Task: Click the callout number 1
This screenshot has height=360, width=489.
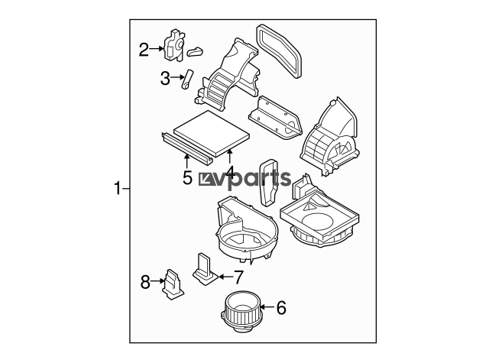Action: coord(118,189)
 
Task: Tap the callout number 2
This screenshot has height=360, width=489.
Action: coord(144,50)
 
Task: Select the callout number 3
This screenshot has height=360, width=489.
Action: coord(165,78)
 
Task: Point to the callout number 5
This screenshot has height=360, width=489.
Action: coord(187,178)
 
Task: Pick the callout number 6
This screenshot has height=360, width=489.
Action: coord(281,307)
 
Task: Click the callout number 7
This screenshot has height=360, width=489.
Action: coord(238,277)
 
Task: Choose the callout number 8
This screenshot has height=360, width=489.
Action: coord(145,283)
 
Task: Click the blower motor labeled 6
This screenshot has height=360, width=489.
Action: coord(242,311)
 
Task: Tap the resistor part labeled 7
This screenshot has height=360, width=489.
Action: coord(205,270)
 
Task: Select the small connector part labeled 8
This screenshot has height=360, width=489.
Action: coord(173,284)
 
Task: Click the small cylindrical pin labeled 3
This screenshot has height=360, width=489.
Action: coord(186,79)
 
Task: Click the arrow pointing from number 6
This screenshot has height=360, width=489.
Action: coord(267,307)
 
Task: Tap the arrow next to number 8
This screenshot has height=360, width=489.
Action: coord(157,281)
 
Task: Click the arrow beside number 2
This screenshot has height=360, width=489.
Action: coord(156,48)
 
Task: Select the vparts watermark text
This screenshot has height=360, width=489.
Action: coord(245,178)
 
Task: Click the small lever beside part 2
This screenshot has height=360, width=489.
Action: coord(196,52)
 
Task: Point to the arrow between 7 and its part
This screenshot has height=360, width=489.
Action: coord(226,277)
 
